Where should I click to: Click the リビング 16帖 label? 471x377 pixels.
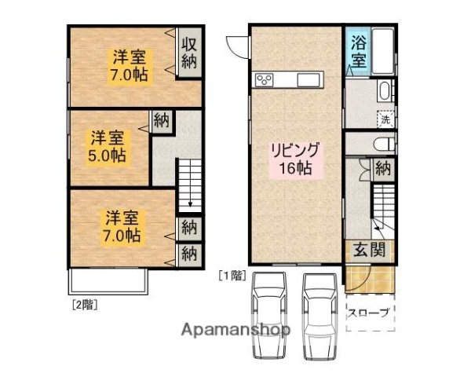pyautogui.click(x=294, y=159)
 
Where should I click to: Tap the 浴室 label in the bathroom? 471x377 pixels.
pyautogui.click(x=359, y=51)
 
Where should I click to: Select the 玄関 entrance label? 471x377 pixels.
pyautogui.click(x=370, y=250)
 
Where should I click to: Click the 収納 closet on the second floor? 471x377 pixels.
pyautogui.click(x=188, y=53)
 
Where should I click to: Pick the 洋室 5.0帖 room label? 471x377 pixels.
pyautogui.click(x=107, y=146)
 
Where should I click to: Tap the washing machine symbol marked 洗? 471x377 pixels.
pyautogui.click(x=385, y=119)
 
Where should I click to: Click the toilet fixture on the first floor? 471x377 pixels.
pyautogui.click(x=384, y=144)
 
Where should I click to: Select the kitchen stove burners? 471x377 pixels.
pyautogui.click(x=265, y=80)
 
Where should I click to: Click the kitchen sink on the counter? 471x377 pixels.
pyautogui.click(x=309, y=80)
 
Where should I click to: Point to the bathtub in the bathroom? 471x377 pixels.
pyautogui.click(x=383, y=51)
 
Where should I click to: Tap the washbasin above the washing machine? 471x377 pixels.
pyautogui.click(x=384, y=90)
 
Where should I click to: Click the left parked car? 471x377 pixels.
pyautogui.click(x=268, y=315)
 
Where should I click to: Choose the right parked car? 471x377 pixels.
pyautogui.click(x=320, y=316)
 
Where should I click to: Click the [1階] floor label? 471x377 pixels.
pyautogui.click(x=232, y=276)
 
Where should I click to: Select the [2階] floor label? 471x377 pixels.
pyautogui.click(x=85, y=305)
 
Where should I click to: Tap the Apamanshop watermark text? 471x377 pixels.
pyautogui.click(x=235, y=330)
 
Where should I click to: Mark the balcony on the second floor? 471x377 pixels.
pyautogui.click(x=108, y=281)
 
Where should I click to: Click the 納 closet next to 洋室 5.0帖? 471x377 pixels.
pyautogui.click(x=162, y=121)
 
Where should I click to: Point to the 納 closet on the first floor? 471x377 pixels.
pyautogui.click(x=383, y=169)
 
